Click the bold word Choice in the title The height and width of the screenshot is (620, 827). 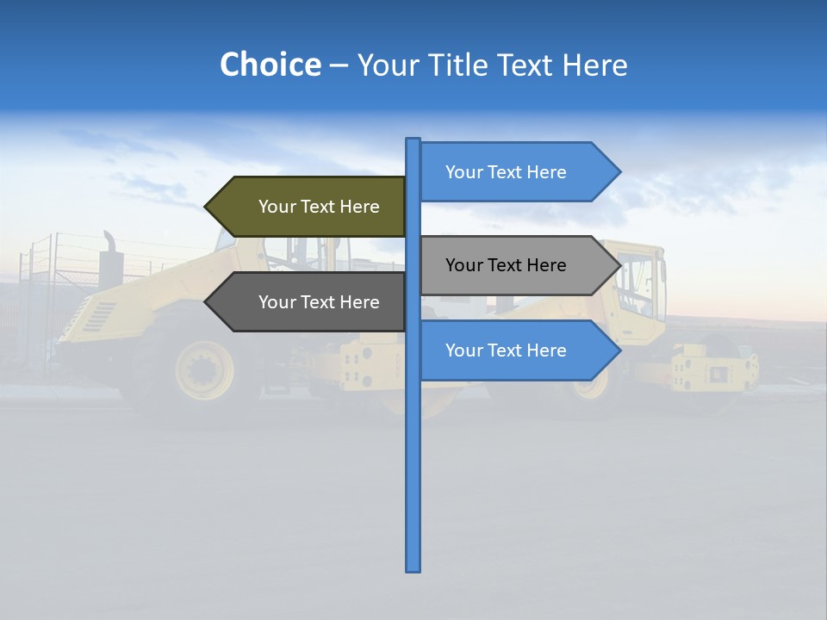coord(270,65)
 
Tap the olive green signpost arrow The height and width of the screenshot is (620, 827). coord(310,207)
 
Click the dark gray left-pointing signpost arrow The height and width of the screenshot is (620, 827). coord(310,302)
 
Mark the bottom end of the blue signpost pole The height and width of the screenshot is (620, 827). coord(413,569)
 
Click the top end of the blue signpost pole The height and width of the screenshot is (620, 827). coord(413,139)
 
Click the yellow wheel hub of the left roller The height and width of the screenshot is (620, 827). coord(204,369)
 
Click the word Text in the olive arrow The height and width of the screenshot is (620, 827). coord(319,207)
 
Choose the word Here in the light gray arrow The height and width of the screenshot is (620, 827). coord(544,265)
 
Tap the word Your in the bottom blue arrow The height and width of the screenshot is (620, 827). coord(463,350)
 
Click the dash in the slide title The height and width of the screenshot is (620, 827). coord(339,65)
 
